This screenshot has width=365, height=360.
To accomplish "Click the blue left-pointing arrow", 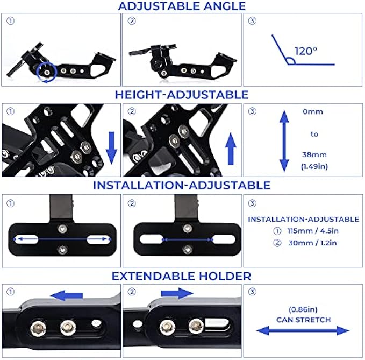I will (67, 295).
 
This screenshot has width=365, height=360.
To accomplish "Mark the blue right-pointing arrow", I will (176, 294).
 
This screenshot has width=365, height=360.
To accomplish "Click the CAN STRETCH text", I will (304, 320).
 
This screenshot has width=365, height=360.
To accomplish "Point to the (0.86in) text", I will (304, 309).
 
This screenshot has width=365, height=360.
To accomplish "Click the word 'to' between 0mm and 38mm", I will (314, 135).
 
